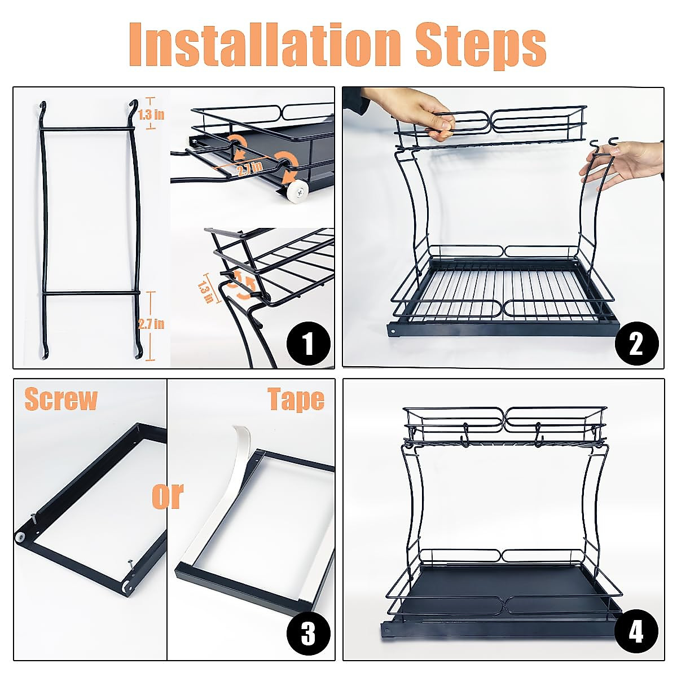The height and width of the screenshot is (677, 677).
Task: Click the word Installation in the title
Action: coord(265,45)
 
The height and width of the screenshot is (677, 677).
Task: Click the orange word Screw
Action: coord(61,399)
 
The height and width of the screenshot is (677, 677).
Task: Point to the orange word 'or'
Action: coord(168,495)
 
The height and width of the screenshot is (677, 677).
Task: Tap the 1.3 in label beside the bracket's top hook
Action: coord(151,115)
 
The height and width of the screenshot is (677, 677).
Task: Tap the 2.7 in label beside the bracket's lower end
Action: coord(151,324)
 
